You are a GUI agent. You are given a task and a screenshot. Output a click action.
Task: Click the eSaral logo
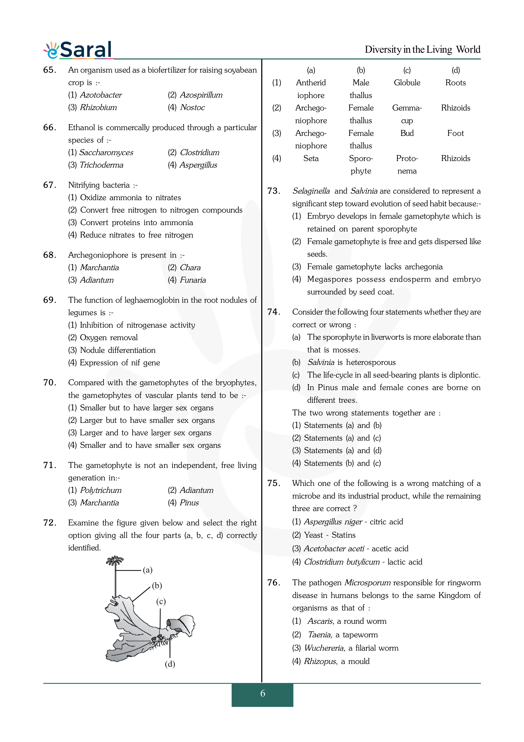[78, 50]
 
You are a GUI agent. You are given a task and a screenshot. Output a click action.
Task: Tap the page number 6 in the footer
[263, 693]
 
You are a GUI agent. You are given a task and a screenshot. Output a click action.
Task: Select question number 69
[50, 300]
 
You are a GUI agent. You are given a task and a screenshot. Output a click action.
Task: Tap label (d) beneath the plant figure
[170, 664]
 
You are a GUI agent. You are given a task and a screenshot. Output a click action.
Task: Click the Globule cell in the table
[407, 83]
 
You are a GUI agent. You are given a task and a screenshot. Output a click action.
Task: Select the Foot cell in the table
[455, 133]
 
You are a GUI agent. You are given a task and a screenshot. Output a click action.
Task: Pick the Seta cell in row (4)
[311, 158]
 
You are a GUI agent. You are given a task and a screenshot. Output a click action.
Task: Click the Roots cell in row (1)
[455, 83]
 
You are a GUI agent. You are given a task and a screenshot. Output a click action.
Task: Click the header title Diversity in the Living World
[422, 49]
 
